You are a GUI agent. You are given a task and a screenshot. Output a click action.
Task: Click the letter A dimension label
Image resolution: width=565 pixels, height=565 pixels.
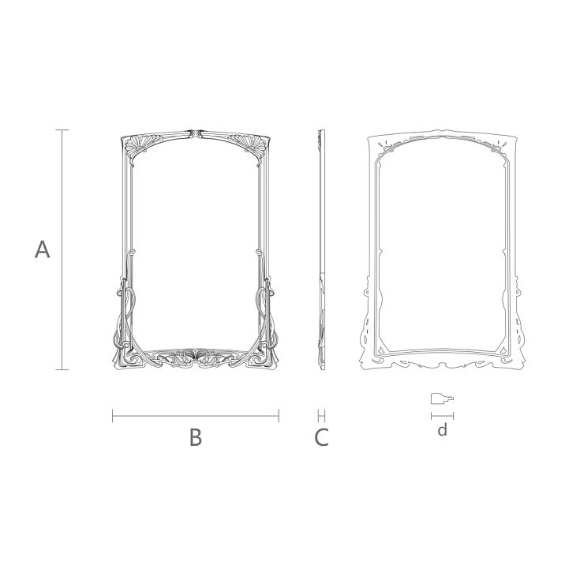tap(43, 250)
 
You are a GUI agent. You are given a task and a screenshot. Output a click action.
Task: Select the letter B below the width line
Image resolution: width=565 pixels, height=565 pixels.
tap(196, 437)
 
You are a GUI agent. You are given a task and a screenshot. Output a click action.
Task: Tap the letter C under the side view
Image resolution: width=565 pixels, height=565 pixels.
tap(321, 437)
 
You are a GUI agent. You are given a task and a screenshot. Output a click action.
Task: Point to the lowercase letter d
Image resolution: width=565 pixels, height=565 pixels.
tap(443, 430)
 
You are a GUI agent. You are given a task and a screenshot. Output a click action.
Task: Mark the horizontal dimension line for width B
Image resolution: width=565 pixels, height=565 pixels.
tap(196, 415)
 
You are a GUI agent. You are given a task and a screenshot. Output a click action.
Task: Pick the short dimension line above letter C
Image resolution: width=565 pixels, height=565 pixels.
tap(321, 415)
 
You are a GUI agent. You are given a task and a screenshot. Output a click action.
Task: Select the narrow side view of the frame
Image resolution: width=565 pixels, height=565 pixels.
tap(321, 249)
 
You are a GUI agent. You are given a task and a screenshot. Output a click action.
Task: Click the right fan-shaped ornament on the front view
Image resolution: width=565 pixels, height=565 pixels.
tap(250, 147)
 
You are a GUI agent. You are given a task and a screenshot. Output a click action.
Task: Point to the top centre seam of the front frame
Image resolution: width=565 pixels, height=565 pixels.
tap(196, 132)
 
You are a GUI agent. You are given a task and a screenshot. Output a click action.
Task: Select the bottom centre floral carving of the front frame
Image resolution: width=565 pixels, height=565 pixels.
tap(196, 357)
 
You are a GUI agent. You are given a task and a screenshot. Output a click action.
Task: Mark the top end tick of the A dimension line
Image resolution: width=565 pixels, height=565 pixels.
tap(64, 129)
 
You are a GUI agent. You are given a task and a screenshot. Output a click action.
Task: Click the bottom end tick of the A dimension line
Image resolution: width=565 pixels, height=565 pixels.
tap(64, 369)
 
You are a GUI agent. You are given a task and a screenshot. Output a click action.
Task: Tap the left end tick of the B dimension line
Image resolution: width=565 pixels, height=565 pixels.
tap(113, 415)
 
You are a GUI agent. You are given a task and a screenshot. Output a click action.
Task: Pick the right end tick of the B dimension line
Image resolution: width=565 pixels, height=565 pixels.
tap(279, 415)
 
